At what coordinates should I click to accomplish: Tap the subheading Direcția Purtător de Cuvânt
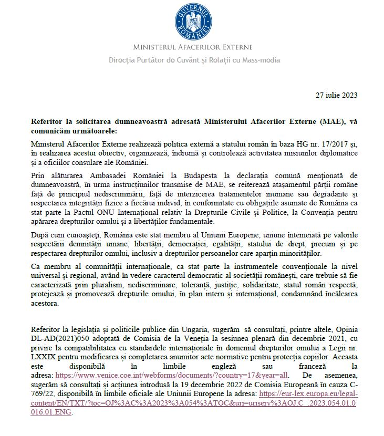[x=194, y=60]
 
